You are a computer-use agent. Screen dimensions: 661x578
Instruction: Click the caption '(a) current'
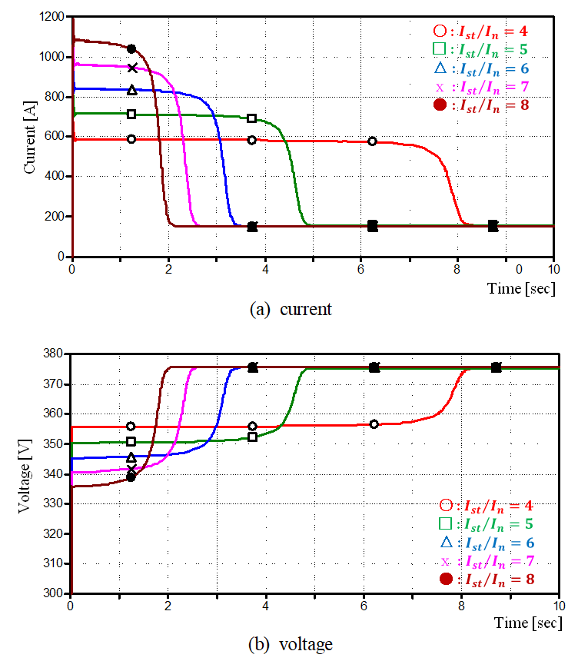click(291, 310)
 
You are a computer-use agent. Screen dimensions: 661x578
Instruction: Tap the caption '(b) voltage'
click(291, 644)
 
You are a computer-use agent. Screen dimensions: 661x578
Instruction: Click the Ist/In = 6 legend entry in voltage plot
click(486, 543)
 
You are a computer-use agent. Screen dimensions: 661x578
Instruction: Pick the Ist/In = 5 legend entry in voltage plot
click(486, 524)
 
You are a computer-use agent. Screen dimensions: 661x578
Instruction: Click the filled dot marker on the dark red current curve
click(131, 49)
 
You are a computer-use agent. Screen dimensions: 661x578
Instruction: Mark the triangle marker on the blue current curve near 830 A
click(131, 90)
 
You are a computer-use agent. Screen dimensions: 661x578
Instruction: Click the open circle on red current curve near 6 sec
click(372, 141)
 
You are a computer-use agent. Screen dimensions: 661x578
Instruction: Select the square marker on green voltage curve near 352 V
click(252, 437)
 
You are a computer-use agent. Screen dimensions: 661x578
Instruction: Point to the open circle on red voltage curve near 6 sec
click(374, 424)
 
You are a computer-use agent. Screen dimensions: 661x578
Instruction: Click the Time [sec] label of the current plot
click(520, 288)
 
